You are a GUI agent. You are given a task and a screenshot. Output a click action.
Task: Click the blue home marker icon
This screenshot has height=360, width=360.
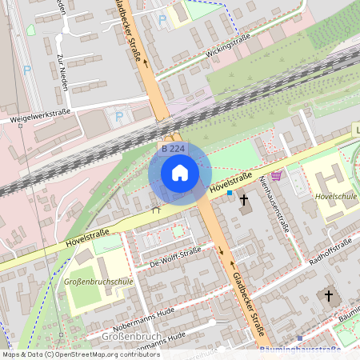point(180,173)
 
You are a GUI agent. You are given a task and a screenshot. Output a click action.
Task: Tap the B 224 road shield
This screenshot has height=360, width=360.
point(173,148)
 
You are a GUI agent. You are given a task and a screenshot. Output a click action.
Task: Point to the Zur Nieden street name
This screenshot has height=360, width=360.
point(62,71)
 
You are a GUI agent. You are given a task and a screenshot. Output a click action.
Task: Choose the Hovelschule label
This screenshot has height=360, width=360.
point(335,194)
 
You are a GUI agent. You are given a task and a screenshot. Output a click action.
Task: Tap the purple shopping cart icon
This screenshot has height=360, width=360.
point(276,175)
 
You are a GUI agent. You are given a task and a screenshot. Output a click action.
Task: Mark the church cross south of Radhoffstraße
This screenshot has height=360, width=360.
point(327,297)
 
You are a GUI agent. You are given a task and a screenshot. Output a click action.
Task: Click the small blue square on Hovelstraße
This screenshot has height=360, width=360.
point(230,193)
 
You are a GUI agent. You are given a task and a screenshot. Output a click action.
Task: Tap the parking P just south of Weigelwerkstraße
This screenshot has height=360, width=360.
point(120,117)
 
